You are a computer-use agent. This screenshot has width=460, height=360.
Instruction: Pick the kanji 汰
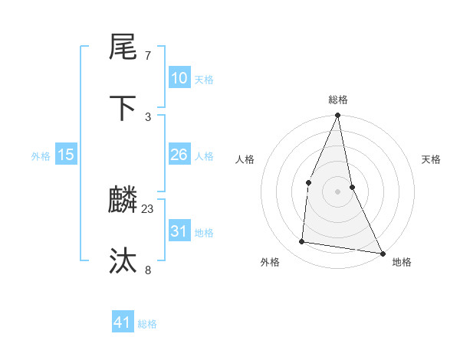coord(123,261)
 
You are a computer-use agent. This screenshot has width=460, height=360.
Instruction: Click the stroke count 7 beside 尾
coord(148,56)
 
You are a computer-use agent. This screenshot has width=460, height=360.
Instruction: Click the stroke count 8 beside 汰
coord(148,269)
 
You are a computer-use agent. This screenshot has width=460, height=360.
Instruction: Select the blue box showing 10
coord(179,78)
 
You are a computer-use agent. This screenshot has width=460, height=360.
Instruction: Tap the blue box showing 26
coord(179,155)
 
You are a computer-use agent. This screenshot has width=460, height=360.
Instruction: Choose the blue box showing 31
coord(179,231)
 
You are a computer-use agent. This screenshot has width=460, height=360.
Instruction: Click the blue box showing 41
coord(123,322)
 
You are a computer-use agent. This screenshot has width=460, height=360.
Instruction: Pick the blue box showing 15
coord(66,155)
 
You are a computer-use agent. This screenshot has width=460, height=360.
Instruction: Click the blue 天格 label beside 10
coord(204,80)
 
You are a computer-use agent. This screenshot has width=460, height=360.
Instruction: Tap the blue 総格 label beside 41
coord(147,324)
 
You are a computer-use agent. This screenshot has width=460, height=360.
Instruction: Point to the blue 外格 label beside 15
coord(41,156)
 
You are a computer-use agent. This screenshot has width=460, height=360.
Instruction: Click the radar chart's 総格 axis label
coord(337,100)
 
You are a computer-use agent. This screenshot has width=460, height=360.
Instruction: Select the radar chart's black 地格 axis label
coord(402,262)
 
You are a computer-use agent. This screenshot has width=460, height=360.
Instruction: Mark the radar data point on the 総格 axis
coord(337,116)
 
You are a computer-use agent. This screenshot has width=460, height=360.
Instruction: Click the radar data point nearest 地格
coord(382,253)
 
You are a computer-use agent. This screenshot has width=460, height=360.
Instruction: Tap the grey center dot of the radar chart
coord(337,191)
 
